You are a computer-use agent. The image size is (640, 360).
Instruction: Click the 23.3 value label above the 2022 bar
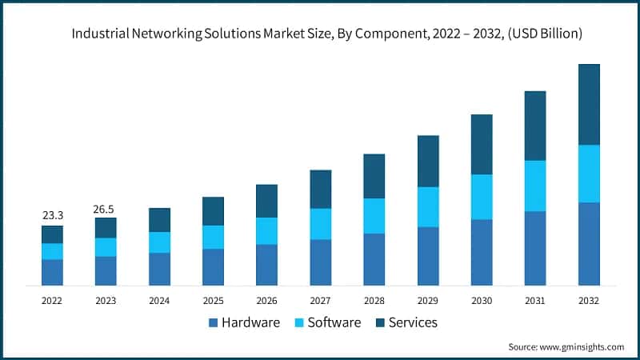pyautogui.click(x=52, y=215)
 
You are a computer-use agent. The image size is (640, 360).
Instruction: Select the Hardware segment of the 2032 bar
pyautogui.click(x=589, y=244)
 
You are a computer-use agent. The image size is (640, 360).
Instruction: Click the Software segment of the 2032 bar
pyautogui.click(x=589, y=174)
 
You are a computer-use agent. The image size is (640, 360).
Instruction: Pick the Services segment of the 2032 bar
pyautogui.click(x=589, y=104)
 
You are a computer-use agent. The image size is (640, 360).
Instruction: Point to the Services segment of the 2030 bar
pyautogui.click(x=482, y=144)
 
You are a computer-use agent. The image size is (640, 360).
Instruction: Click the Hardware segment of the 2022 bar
pyautogui.click(x=52, y=272)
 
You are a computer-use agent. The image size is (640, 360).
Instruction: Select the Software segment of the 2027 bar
pyautogui.click(x=321, y=224)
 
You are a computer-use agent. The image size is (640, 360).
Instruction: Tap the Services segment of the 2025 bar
pyautogui.click(x=213, y=211)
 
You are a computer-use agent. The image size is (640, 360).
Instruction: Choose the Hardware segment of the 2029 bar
pyautogui.click(x=428, y=256)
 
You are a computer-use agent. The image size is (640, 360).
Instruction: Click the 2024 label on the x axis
pyautogui.click(x=159, y=301)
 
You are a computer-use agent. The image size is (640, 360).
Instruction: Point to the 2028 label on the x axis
pyautogui.click(x=374, y=301)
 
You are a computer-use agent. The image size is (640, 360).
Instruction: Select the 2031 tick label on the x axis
pyautogui.click(x=535, y=301)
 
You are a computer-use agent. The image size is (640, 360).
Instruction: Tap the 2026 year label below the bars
pyautogui.click(x=266, y=301)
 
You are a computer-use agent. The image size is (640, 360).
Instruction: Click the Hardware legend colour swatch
pyautogui.click(x=213, y=323)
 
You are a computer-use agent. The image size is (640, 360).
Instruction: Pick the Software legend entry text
pyautogui.click(x=334, y=322)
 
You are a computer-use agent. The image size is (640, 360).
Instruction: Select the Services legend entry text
pyautogui.click(x=412, y=322)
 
